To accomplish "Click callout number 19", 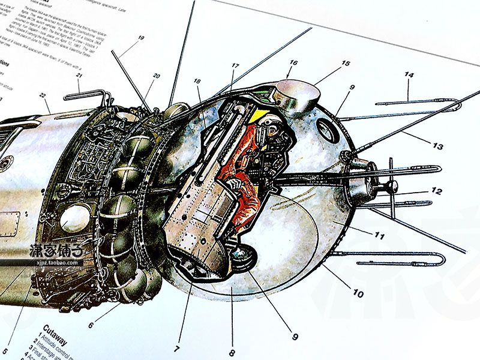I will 141,38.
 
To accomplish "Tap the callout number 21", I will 79,76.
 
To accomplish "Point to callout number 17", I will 235,66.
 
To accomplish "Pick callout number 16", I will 293,62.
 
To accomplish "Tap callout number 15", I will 346,63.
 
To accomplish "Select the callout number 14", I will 409,76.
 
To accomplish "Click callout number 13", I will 439,146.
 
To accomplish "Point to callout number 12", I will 437,192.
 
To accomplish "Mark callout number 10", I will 358,294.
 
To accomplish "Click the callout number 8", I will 232,353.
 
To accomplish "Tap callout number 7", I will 177,348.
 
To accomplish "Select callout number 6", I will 91,326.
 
